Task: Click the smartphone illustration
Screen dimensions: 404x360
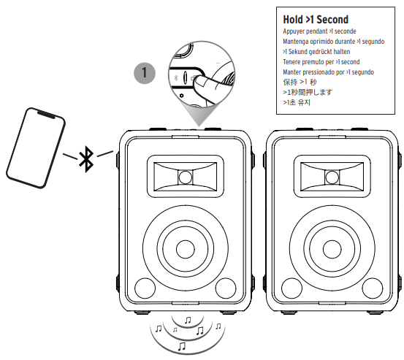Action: click(x=36, y=148)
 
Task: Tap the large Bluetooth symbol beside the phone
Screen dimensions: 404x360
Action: click(x=86, y=159)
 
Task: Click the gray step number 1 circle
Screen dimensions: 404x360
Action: click(x=145, y=73)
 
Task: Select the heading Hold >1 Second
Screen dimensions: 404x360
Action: click(x=316, y=20)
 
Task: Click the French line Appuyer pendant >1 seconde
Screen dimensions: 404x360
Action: click(x=319, y=31)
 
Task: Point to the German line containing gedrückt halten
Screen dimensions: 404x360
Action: click(x=316, y=52)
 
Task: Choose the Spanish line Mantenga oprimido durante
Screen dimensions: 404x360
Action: click(x=333, y=42)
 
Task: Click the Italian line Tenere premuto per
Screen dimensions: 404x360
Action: click(x=321, y=62)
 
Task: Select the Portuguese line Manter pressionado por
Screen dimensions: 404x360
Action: click(x=328, y=72)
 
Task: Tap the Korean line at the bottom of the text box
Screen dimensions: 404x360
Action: click(x=297, y=102)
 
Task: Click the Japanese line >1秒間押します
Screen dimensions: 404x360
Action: click(x=308, y=92)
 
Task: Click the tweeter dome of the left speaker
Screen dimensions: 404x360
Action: click(x=186, y=177)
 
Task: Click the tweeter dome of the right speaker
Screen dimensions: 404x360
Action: click(x=332, y=177)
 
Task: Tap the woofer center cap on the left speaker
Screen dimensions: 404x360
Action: click(x=186, y=249)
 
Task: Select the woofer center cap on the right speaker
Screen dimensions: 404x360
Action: click(x=332, y=249)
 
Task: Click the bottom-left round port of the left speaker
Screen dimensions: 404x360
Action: click(x=145, y=288)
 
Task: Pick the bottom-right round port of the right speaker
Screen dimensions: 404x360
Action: click(x=373, y=288)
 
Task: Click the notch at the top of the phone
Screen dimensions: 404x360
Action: click(x=46, y=115)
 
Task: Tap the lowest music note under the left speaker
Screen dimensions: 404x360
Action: click(x=182, y=346)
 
